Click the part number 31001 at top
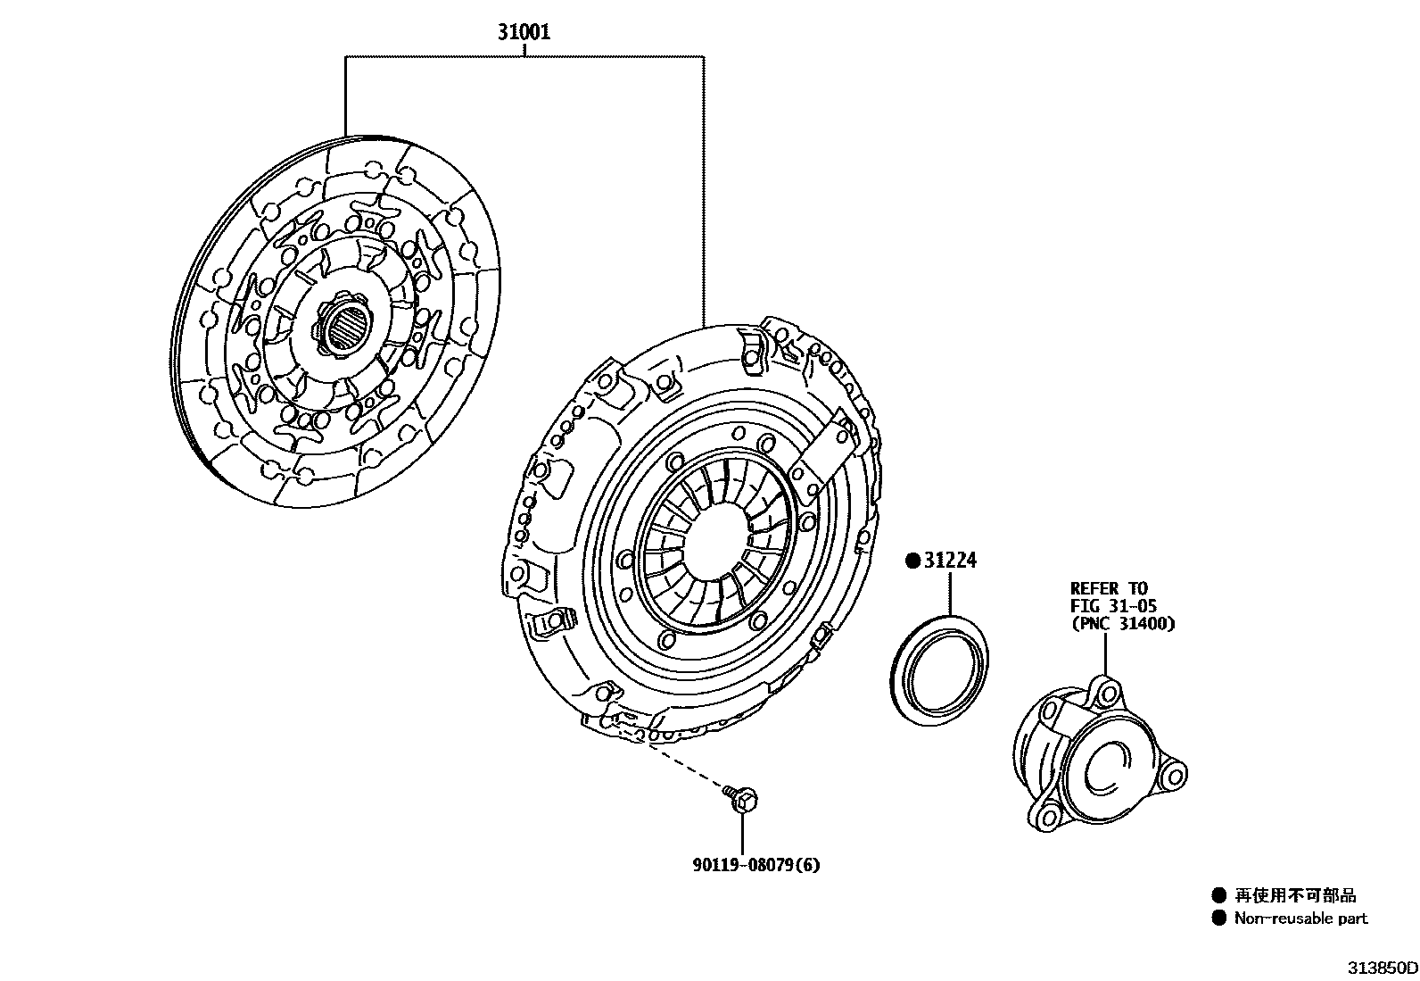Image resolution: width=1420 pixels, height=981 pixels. tap(524, 33)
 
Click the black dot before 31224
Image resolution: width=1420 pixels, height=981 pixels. tap(912, 561)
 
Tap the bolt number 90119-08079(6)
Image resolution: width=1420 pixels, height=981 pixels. tap(755, 865)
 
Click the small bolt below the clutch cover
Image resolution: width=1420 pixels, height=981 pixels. tap(741, 799)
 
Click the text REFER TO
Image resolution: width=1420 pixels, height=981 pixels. tap(1108, 588)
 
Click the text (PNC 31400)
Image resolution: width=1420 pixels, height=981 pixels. tap(1122, 624)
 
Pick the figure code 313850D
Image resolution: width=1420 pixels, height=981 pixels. tap(1382, 968)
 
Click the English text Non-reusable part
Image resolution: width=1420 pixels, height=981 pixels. tap(1300, 919)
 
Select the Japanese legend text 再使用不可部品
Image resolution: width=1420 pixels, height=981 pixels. tap(1295, 895)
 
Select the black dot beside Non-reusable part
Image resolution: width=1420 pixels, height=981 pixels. tap(1218, 919)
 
